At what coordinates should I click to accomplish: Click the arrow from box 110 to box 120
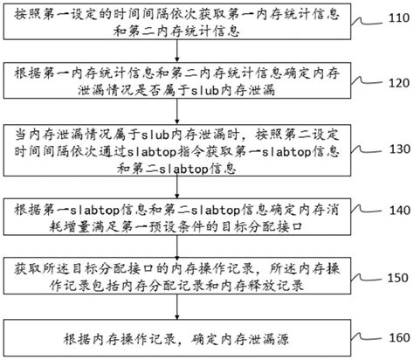(186, 56)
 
